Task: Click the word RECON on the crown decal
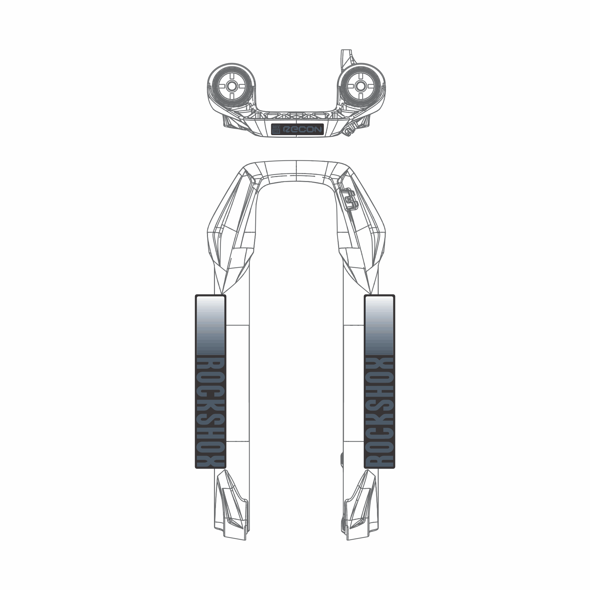tap(302, 129)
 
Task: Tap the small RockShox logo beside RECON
tap(276, 129)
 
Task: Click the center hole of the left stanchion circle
tap(232, 86)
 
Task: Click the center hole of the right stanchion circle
tap(359, 86)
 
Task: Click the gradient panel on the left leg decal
tap(211, 326)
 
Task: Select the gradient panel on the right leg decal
tap(379, 326)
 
